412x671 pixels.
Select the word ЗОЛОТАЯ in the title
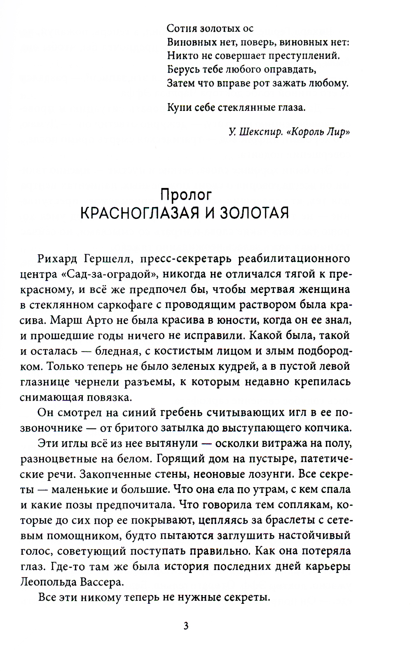click(x=254, y=213)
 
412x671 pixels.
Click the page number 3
click(x=186, y=626)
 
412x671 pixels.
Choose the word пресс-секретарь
click(x=183, y=259)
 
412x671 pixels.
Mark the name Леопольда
click(x=49, y=582)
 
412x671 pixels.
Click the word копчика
click(x=331, y=428)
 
